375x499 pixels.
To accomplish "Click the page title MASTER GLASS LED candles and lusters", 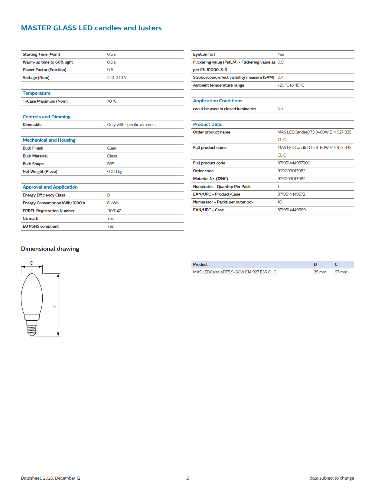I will (91, 28).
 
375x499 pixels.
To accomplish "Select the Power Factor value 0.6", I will (110, 70).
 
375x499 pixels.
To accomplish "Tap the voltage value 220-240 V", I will (117, 78).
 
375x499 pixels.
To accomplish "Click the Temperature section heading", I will (37, 93).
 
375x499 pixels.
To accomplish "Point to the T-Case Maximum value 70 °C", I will (112, 101).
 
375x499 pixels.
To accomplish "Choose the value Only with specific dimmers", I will (131, 124).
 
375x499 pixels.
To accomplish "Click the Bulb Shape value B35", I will (111, 164).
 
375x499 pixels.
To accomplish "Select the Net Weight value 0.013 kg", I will (115, 171).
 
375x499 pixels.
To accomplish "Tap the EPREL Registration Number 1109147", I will (114, 211).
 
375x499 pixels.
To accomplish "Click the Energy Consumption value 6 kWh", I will (113, 203).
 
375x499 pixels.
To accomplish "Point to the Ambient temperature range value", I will (291, 85).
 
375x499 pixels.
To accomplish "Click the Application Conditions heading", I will (217, 101).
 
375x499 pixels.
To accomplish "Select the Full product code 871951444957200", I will (294, 163).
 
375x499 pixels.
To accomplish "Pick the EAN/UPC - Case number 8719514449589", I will (292, 210).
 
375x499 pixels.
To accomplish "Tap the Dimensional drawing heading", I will (50, 249).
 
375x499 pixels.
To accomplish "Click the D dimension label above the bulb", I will (32, 263).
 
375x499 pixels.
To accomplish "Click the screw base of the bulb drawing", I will (32, 330).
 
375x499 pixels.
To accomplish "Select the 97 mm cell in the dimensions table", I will (341, 272).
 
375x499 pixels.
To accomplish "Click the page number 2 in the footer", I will (187, 478).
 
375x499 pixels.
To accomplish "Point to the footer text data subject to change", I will (331, 478).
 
